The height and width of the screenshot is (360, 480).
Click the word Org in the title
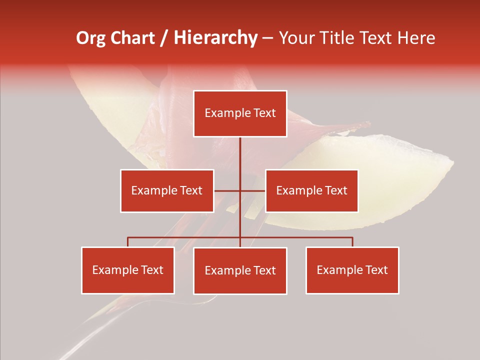pyautogui.click(x=90, y=38)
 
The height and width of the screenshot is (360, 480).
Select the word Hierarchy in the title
pyautogui.click(x=215, y=38)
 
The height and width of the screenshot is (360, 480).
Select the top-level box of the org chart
pyautogui.click(x=240, y=113)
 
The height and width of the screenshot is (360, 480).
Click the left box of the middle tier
pyautogui.click(x=167, y=190)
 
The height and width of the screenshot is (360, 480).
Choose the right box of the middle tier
pyautogui.click(x=311, y=190)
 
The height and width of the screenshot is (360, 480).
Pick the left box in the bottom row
pyautogui.click(x=128, y=270)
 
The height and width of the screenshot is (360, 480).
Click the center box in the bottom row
pyautogui.click(x=240, y=270)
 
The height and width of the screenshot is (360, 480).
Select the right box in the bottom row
pyautogui.click(x=352, y=270)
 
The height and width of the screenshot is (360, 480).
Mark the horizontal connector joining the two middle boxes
pyautogui.click(x=252, y=191)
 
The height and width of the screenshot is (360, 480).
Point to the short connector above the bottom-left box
pyautogui.click(x=128, y=242)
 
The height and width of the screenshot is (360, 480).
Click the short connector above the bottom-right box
pyautogui.click(x=352, y=242)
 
